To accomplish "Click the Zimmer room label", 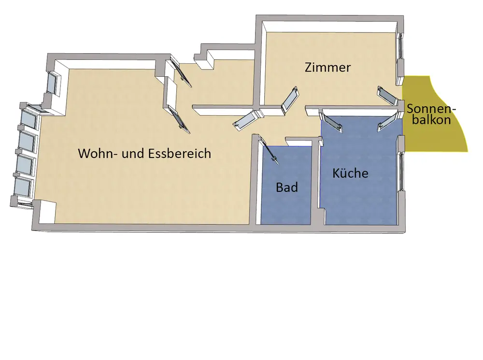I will coord(327,68).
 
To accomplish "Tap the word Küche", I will coord(350,173).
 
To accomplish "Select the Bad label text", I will coord(287,187).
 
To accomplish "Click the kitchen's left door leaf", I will coord(332,120).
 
